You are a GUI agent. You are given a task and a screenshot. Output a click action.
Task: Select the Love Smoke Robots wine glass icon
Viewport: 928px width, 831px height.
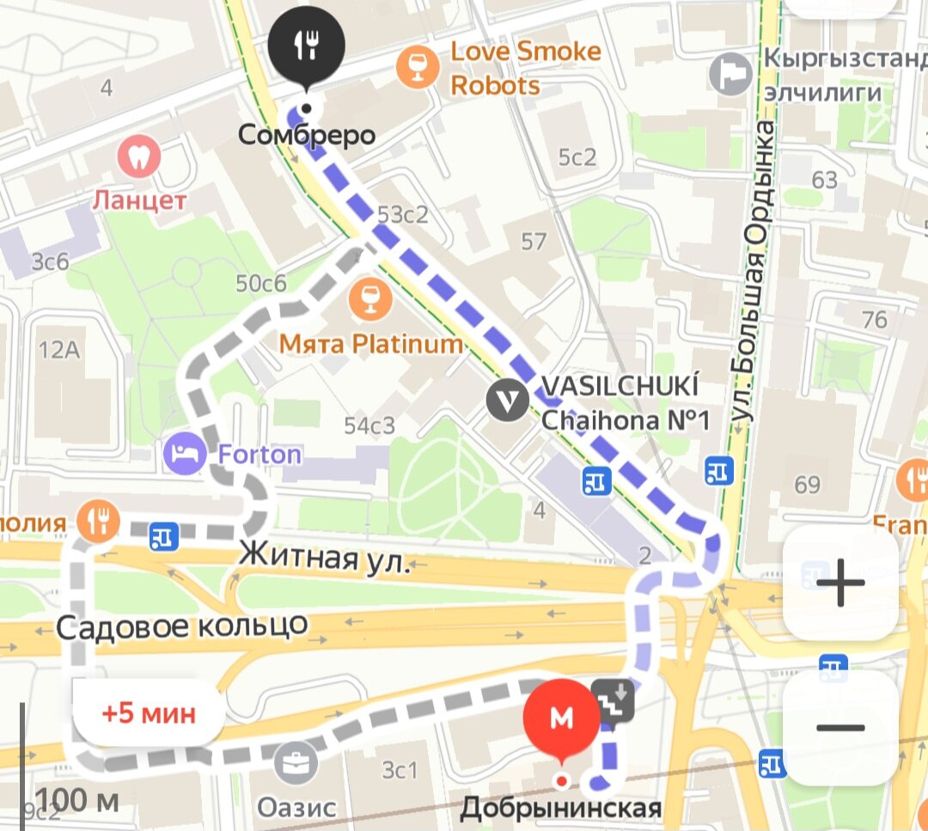(418, 67)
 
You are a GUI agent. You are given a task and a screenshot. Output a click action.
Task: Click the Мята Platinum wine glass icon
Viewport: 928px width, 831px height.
(371, 298)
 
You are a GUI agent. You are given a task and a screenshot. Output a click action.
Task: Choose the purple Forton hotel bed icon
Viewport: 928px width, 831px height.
(186, 454)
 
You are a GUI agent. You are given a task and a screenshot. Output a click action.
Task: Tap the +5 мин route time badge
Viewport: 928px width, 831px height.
(149, 712)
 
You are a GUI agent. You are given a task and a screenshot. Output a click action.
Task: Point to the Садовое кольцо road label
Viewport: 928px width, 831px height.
(181, 625)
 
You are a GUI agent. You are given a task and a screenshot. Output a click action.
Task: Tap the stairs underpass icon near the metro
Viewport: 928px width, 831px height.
(614, 700)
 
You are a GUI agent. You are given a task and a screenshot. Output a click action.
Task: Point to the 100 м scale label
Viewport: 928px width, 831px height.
(77, 800)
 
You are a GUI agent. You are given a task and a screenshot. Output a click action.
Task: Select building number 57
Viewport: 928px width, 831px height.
(533, 241)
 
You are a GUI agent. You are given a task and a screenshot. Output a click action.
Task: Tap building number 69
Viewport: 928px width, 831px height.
(807, 485)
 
